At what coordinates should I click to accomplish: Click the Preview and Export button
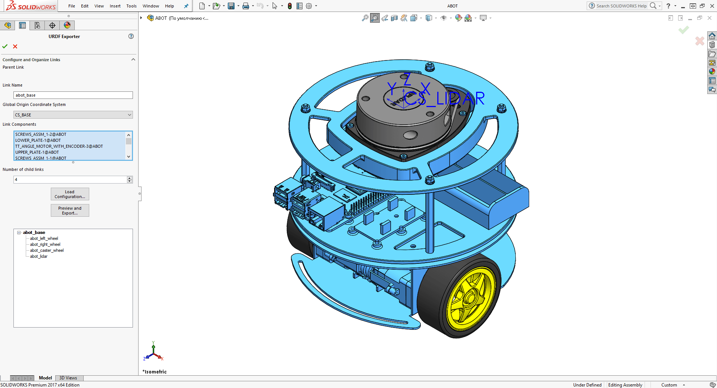[70, 210]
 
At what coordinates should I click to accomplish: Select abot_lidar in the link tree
[39, 256]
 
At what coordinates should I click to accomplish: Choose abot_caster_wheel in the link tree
[47, 250]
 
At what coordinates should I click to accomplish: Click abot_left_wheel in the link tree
[44, 238]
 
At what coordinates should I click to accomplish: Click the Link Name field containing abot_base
[73, 95]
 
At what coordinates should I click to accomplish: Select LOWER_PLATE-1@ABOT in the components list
[38, 140]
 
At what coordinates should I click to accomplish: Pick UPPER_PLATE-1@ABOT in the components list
[37, 152]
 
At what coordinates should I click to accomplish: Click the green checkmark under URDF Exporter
[5, 46]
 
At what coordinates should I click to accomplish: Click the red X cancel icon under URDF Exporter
[15, 46]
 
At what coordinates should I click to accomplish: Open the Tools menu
[131, 6]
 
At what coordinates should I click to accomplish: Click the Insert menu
[115, 6]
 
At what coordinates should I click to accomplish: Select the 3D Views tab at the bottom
[68, 378]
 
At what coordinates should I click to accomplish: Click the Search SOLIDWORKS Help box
[621, 6]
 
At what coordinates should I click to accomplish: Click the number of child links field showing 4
[70, 179]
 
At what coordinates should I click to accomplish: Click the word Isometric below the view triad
[155, 372]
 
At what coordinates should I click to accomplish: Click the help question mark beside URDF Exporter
[131, 36]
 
